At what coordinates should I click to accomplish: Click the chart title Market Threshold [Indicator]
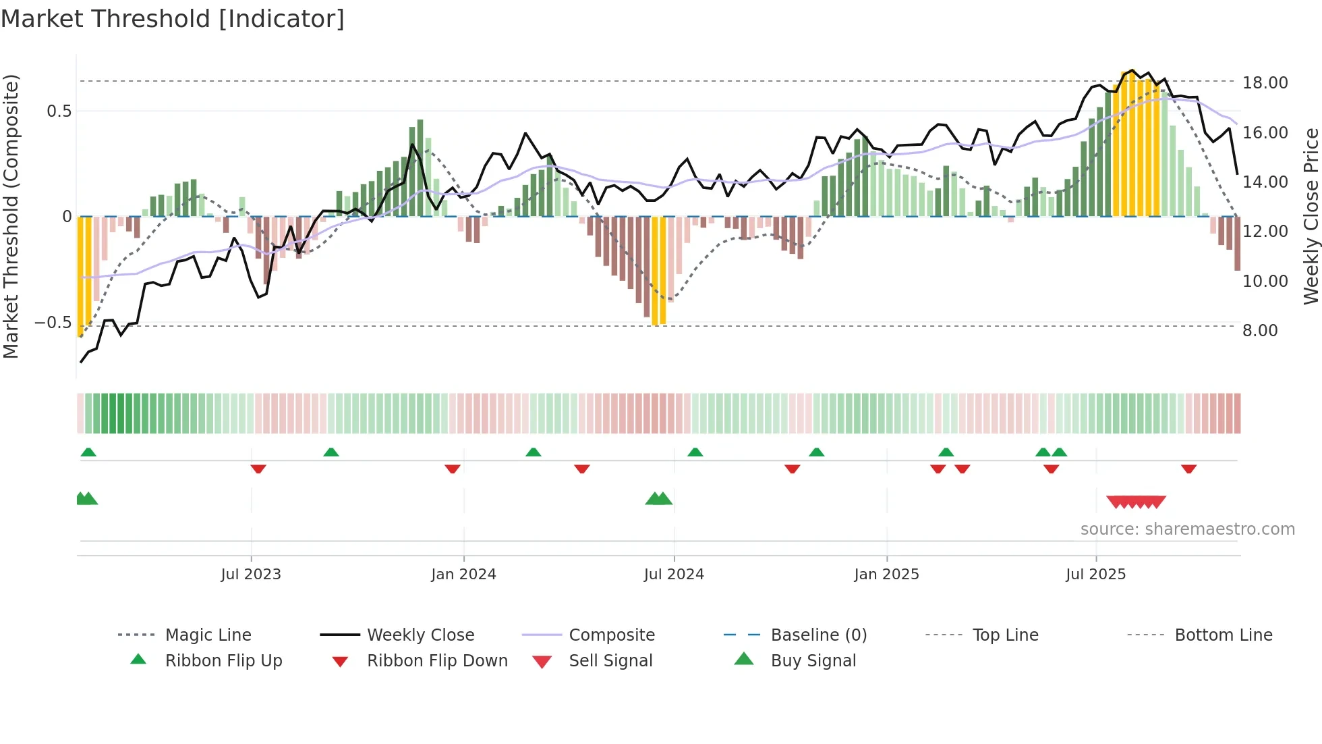click(173, 19)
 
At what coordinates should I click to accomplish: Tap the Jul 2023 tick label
click(251, 575)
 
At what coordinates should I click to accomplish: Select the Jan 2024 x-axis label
click(463, 575)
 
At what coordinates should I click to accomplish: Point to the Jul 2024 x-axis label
click(674, 575)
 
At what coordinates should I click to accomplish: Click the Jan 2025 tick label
click(886, 575)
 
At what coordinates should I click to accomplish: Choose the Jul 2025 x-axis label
click(1096, 575)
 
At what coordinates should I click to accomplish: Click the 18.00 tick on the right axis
click(1265, 83)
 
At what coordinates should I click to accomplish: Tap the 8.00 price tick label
click(1260, 331)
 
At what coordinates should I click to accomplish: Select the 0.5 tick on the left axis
click(59, 111)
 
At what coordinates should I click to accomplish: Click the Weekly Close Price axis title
click(1311, 216)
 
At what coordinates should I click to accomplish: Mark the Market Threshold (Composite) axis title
click(11, 216)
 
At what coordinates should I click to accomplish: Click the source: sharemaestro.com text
click(1187, 529)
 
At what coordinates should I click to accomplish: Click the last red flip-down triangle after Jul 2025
click(1188, 469)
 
